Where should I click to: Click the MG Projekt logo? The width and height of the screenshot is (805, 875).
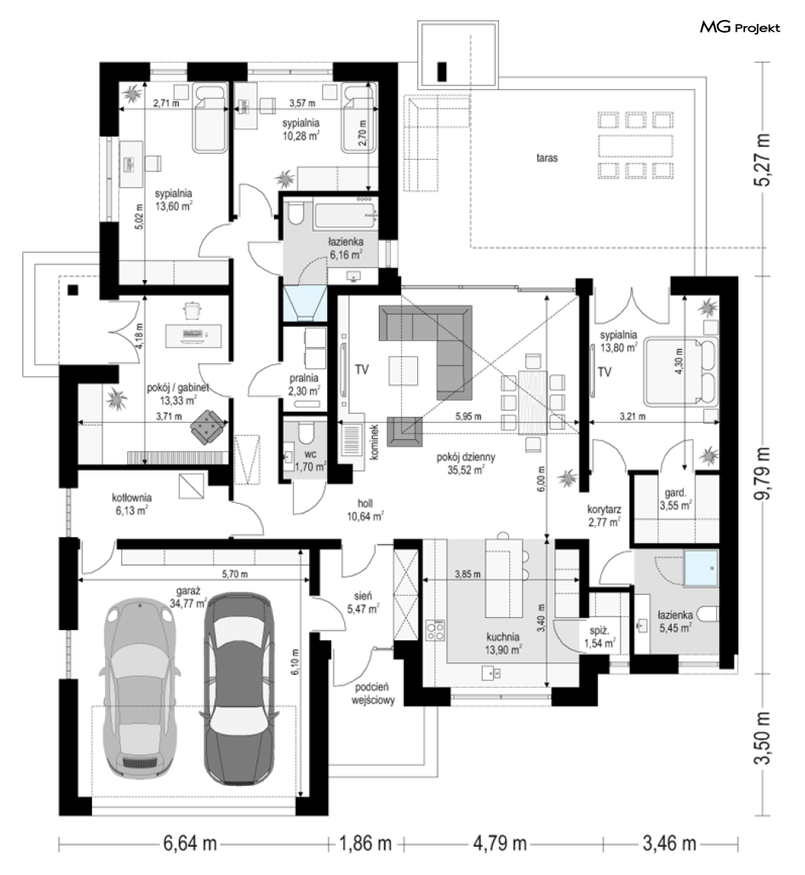click(740, 28)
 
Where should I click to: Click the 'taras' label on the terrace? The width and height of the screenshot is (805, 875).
click(547, 158)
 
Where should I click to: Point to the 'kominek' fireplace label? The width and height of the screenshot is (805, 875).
click(374, 442)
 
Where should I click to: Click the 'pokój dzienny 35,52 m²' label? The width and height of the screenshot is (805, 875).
click(465, 463)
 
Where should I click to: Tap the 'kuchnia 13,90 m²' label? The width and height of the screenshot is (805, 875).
click(503, 643)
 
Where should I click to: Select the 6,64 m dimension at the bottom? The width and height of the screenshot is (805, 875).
click(189, 844)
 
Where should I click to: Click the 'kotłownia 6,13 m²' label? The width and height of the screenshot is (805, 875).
click(132, 504)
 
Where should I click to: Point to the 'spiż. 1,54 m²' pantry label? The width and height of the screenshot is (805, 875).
click(600, 637)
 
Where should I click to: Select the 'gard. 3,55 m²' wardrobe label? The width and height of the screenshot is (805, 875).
click(675, 499)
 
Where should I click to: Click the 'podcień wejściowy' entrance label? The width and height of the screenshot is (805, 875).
click(373, 693)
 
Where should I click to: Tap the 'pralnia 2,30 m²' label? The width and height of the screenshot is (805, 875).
click(304, 385)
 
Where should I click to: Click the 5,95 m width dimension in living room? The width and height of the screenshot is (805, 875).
click(468, 416)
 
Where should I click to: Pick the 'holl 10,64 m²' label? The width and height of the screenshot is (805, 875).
click(365, 510)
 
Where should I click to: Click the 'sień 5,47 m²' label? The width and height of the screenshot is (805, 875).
click(363, 603)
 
